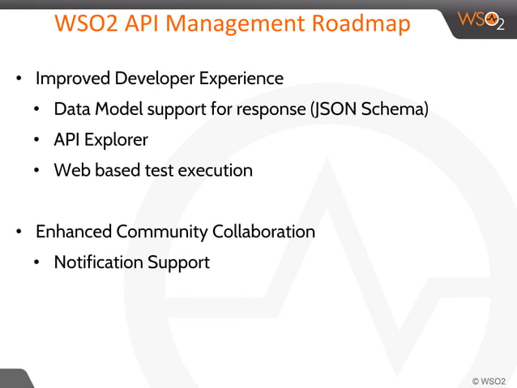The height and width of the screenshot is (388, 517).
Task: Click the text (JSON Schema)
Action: (x=370, y=109)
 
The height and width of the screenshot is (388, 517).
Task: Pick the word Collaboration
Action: (x=263, y=232)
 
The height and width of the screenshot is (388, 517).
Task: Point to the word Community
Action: (x=162, y=232)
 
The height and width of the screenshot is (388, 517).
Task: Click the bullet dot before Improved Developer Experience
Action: (x=19, y=80)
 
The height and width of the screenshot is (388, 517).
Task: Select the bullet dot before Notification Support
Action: (x=38, y=263)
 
